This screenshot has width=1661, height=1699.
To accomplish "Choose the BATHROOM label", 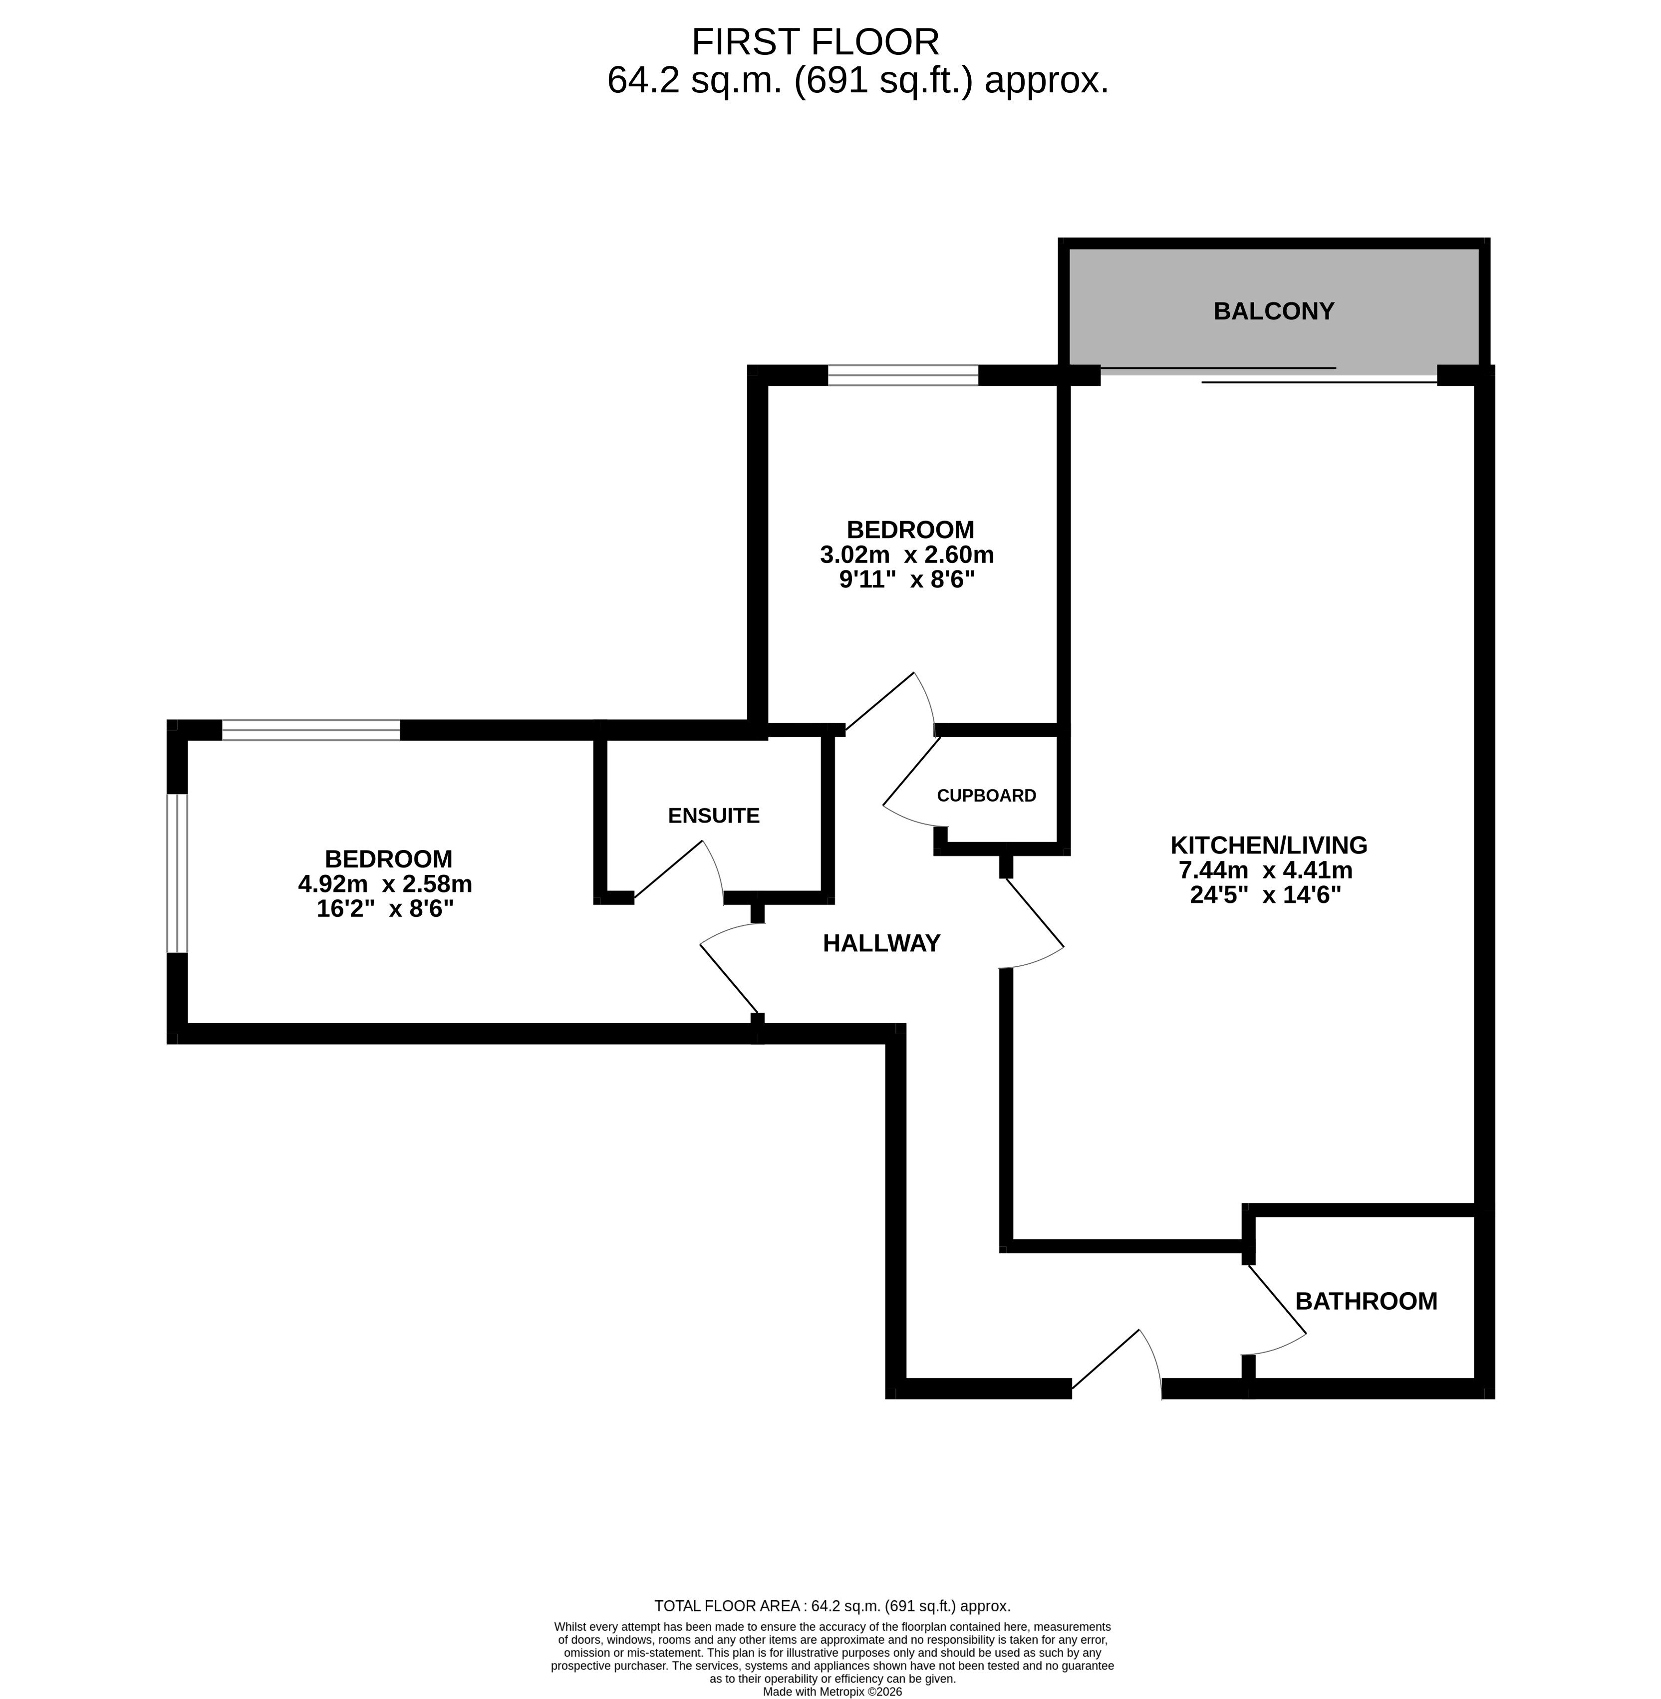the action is point(1366,1301).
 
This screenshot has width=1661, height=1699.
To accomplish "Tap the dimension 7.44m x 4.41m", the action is point(1266,870).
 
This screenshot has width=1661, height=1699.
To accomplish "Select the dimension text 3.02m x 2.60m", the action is point(907,554).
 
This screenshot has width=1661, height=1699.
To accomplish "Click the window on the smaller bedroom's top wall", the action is point(903,375).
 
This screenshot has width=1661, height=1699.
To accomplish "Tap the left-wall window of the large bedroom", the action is point(177,872).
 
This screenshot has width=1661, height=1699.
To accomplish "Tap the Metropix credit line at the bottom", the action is point(832,1691).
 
